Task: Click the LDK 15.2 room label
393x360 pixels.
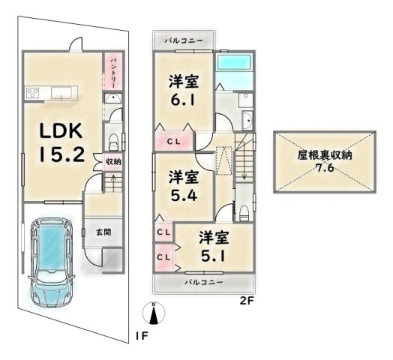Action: coord(62,142)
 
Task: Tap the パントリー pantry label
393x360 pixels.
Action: coord(112,72)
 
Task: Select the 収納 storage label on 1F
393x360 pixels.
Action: coord(113,162)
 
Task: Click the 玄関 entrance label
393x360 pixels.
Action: coord(103,232)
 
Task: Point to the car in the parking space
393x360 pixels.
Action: coord(52,262)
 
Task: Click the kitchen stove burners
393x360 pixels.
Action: coord(33,93)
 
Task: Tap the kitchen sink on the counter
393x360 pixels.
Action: coord(61,92)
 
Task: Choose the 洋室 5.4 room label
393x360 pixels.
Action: coord(184,185)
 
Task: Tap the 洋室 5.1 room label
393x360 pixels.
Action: coord(214,246)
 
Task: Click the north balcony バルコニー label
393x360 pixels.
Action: coord(184,40)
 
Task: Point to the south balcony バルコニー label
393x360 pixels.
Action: coord(204,283)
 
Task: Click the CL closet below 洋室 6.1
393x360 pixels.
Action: coord(174,142)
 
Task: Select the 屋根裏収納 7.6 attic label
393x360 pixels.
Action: coord(325,161)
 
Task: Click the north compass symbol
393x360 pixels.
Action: coord(154,313)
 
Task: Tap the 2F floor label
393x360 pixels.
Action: coord(247,301)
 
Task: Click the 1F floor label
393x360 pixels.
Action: coord(142,336)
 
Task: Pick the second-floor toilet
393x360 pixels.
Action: coord(244,213)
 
